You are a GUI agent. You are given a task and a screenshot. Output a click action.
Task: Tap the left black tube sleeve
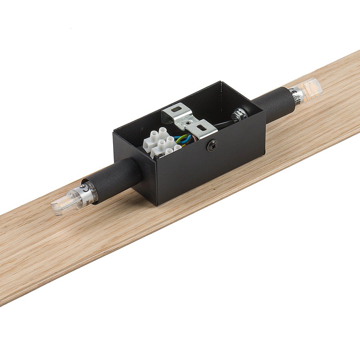pyautogui.click(x=116, y=178)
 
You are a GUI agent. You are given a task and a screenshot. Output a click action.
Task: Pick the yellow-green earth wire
pyautogui.click(x=185, y=141)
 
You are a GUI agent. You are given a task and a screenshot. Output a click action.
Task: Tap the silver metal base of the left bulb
pyautogui.click(x=90, y=192)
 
